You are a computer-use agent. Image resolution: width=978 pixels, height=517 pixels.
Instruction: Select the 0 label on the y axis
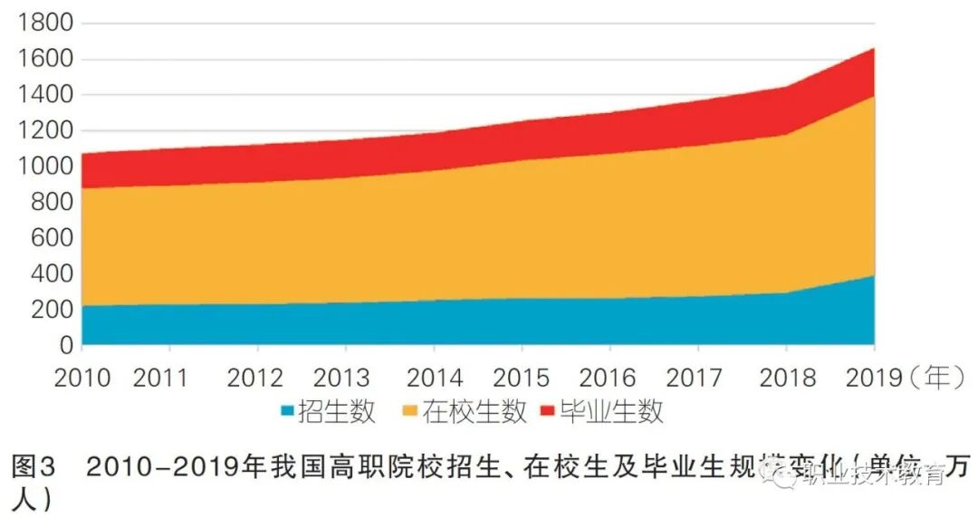tap(64, 345)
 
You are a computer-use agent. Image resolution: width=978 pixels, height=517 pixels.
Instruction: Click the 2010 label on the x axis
tap(82, 377)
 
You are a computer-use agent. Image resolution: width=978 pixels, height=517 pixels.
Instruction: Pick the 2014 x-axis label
tap(435, 377)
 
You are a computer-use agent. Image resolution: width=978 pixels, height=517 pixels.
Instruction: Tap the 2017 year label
tap(697, 377)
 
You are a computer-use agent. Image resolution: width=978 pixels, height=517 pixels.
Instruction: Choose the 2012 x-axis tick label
tap(258, 377)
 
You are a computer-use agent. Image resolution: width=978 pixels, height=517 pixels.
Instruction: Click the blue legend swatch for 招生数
tap(287, 413)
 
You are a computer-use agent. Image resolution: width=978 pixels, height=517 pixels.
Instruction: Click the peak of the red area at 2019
tap(873, 49)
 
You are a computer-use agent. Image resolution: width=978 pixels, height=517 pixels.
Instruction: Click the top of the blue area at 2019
tap(873, 275)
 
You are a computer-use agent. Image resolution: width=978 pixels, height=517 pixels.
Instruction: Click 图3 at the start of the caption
tap(34, 468)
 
